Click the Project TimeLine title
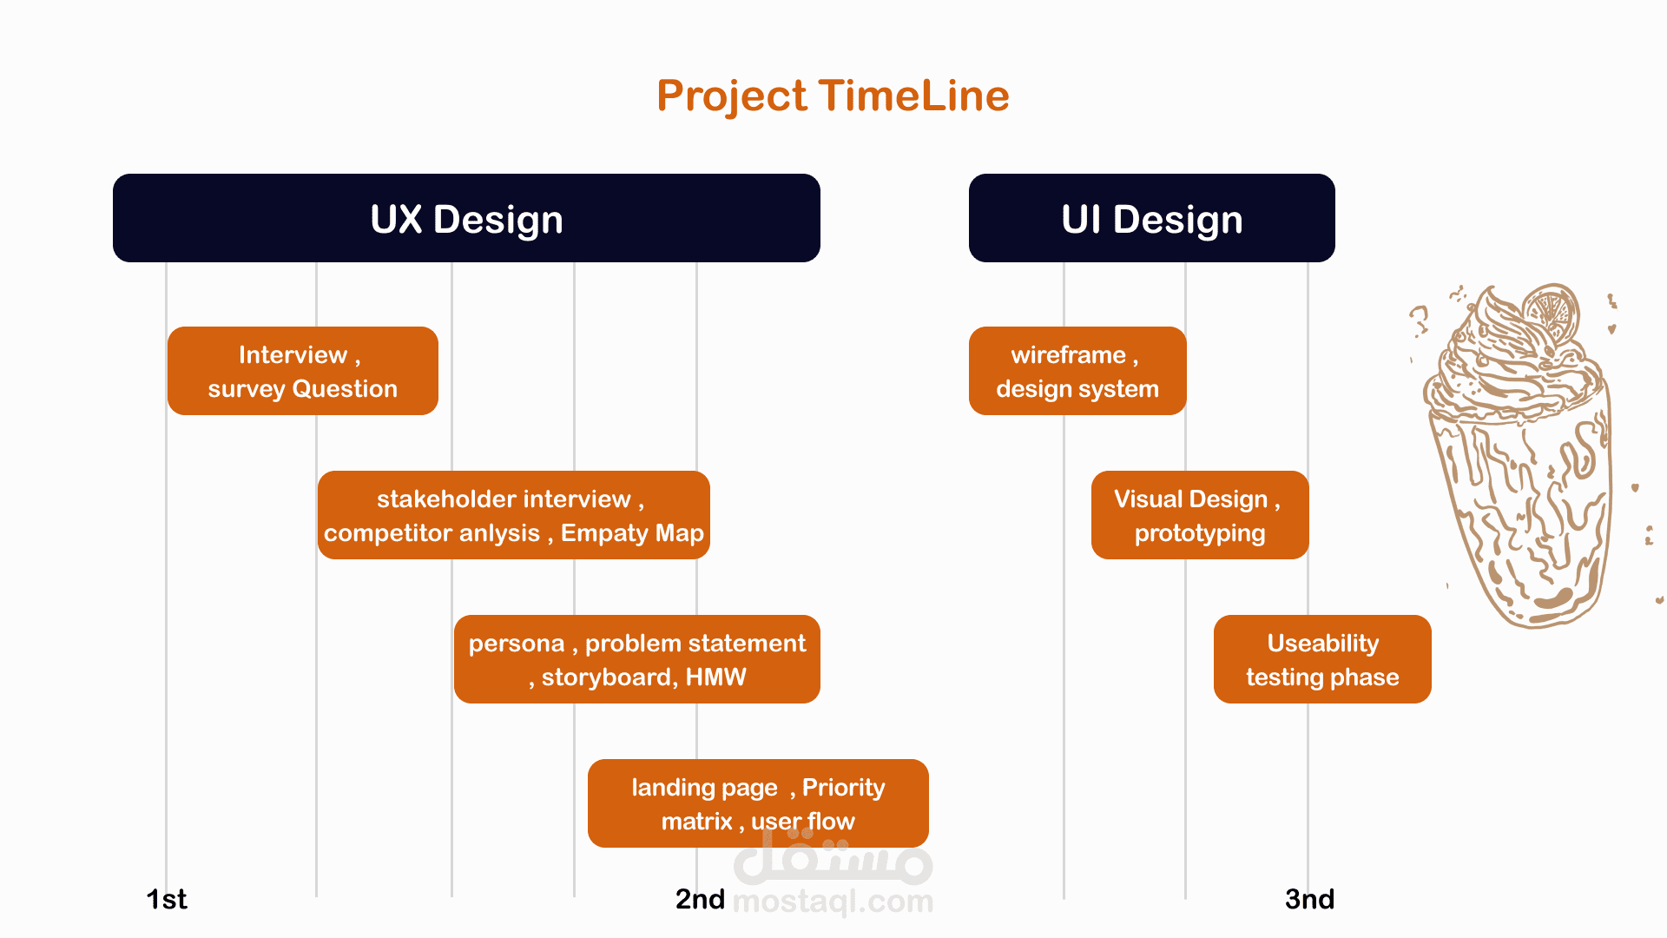(833, 96)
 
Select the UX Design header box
(466, 218)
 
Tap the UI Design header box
(1151, 218)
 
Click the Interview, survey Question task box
(302, 371)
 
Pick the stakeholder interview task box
(513, 515)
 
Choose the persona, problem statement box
(636, 659)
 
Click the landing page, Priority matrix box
(757, 803)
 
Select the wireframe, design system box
(1077, 371)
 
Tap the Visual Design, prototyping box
(1199, 515)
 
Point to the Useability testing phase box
(1321, 659)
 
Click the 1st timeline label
(166, 899)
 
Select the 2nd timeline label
(700, 899)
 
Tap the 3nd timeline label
(1309, 899)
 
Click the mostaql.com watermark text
(833, 902)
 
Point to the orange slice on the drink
(1552, 313)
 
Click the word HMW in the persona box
(715, 677)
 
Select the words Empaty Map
(632, 533)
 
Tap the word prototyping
(1199, 533)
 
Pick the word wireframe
(1068, 355)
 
